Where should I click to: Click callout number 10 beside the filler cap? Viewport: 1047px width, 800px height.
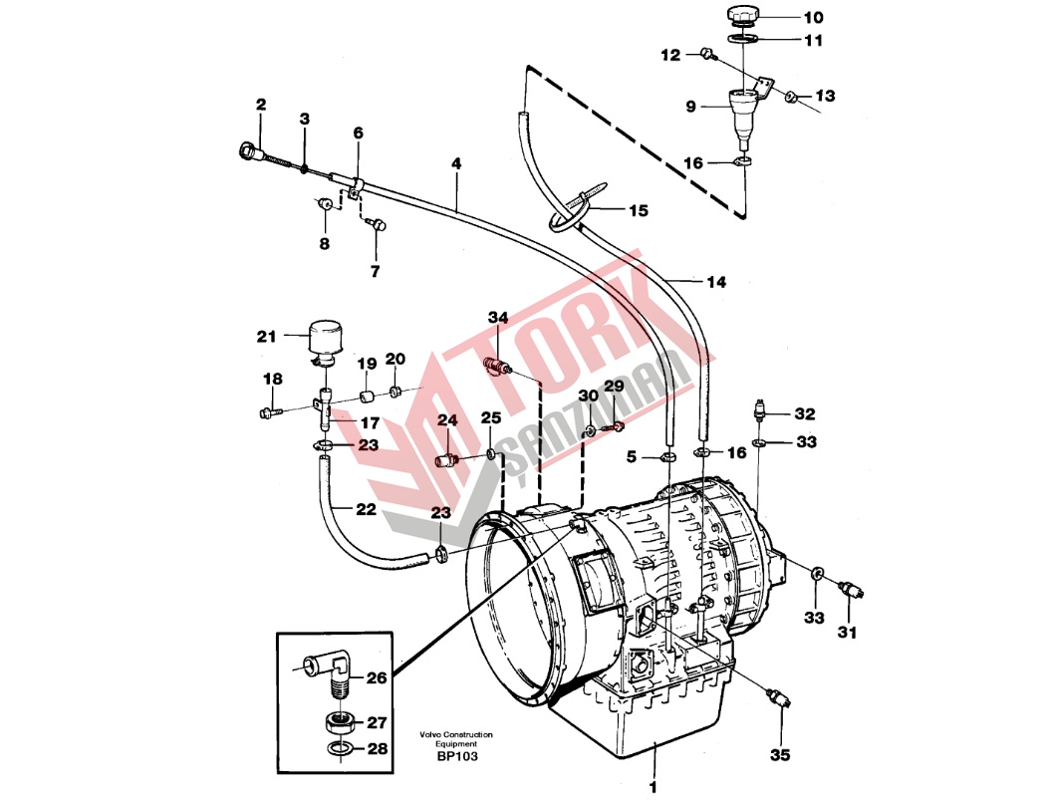click(814, 17)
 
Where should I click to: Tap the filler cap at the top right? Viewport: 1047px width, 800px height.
click(742, 15)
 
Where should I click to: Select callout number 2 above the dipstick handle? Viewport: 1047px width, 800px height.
click(261, 105)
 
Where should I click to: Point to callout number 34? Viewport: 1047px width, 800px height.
click(498, 317)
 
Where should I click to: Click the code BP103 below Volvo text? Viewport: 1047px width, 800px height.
click(457, 757)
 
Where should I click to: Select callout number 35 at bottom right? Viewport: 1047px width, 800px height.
click(781, 755)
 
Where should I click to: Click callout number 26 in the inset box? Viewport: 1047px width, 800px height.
click(376, 678)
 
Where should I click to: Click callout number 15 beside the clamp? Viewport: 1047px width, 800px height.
click(638, 210)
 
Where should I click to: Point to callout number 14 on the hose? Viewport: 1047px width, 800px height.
click(716, 282)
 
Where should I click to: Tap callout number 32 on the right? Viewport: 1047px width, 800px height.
click(805, 413)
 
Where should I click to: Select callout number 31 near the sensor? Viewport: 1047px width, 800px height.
click(847, 632)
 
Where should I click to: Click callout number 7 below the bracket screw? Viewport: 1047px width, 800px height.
click(375, 271)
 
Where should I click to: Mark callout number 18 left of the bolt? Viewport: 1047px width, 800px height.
click(273, 380)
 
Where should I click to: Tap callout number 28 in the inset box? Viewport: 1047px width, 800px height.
click(376, 748)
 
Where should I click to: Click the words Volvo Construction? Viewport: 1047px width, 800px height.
click(456, 735)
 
